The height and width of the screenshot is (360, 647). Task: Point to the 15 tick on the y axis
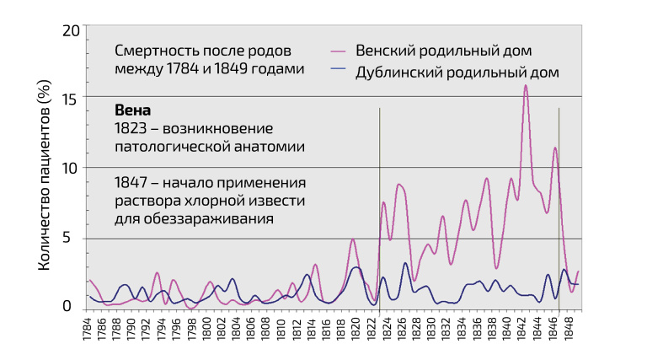pos(71,99)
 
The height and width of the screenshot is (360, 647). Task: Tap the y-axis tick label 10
pos(70,168)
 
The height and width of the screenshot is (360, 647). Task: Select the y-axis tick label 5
pos(74,238)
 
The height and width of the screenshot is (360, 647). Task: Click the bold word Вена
pos(133,111)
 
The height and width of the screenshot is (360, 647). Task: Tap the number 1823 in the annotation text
pos(131,129)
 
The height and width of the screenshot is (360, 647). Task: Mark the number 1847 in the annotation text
pos(131,182)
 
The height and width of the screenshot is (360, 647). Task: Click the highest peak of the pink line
pos(526,85)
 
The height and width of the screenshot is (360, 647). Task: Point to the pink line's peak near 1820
pos(353,240)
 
